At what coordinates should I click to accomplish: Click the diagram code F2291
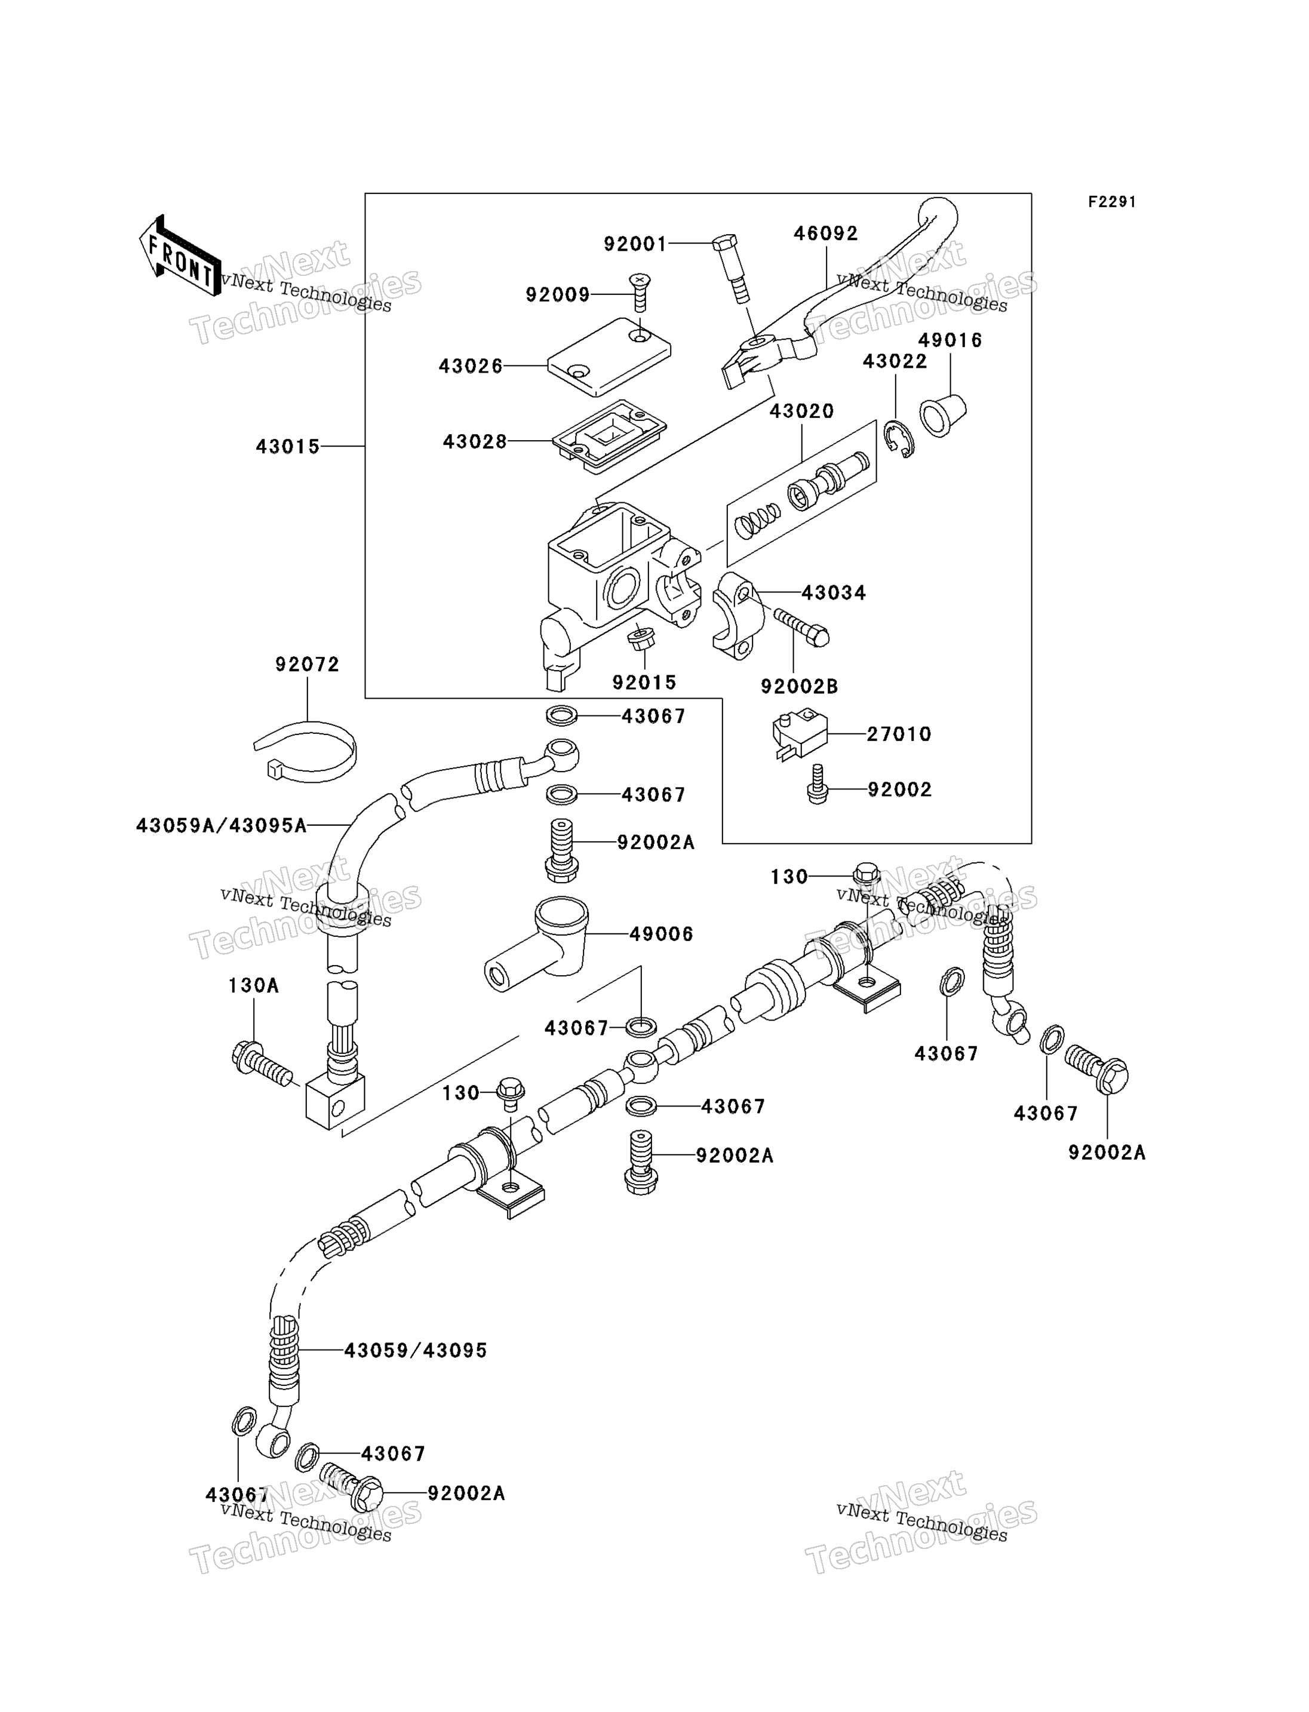point(1112,202)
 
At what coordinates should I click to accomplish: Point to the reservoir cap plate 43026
point(609,357)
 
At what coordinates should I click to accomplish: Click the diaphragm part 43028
point(609,437)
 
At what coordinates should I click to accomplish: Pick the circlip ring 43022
point(900,439)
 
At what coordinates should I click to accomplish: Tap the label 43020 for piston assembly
point(802,411)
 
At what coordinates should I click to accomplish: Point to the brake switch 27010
point(800,733)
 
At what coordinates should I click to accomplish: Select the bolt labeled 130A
point(262,1063)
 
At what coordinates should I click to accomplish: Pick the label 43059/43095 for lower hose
point(415,1350)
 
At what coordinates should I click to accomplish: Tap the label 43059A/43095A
point(222,825)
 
